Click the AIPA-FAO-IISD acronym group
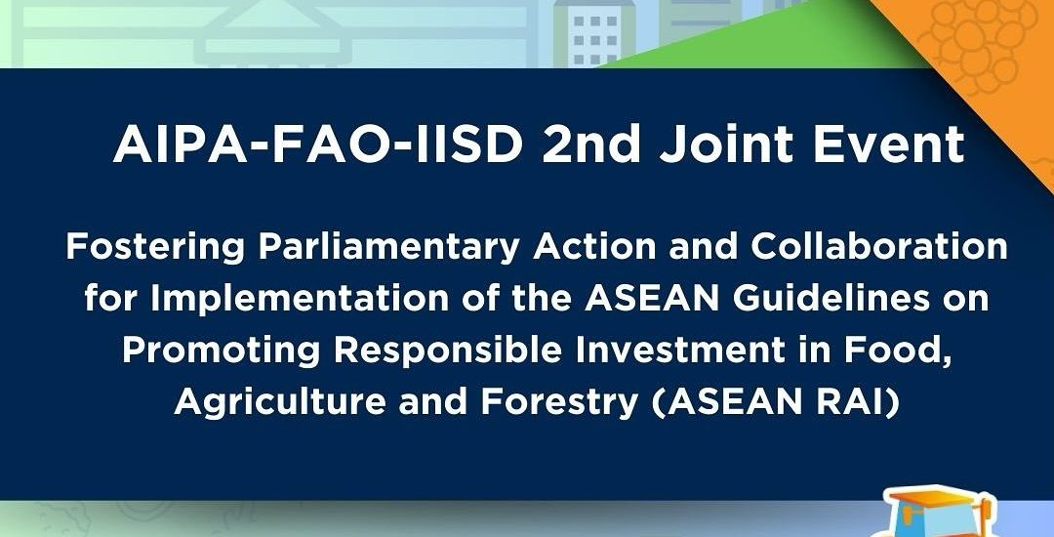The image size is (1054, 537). pyautogui.click(x=318, y=145)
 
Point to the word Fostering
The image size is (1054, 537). pyautogui.click(x=155, y=248)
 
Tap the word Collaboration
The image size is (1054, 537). pyautogui.click(x=878, y=247)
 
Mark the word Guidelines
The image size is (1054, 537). pyautogui.click(x=831, y=299)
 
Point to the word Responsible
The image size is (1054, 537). pyautogui.click(x=448, y=350)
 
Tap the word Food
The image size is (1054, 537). pyautogui.click(x=903, y=351)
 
